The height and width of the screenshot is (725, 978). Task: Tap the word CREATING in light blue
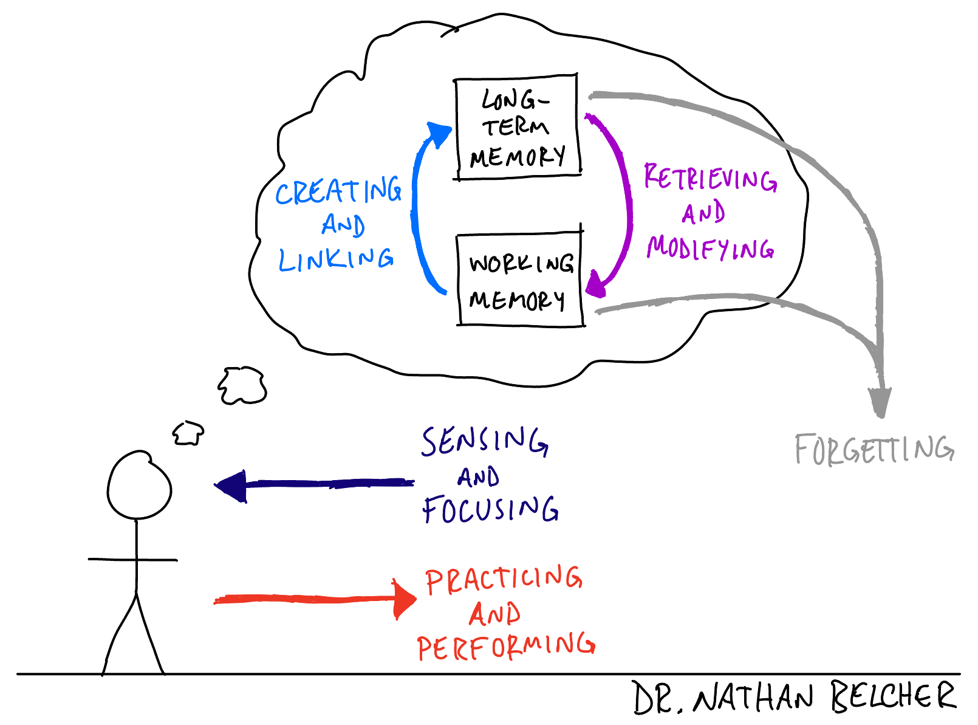(338, 190)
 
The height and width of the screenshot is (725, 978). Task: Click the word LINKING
(336, 259)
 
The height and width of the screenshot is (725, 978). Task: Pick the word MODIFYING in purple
(710, 248)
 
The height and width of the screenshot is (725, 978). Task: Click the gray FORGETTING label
(874, 448)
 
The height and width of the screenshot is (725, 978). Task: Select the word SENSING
(485, 441)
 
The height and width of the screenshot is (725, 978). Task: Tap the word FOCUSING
(490, 509)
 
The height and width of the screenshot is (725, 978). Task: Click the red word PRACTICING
(504, 579)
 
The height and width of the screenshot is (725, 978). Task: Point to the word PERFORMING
(506, 647)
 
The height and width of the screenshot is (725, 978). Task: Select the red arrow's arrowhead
(404, 599)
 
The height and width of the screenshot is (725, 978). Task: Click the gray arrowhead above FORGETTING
(880, 402)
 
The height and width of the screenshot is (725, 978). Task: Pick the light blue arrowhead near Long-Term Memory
(439, 134)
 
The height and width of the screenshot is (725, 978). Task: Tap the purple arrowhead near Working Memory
(595, 284)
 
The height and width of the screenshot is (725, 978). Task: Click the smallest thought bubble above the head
(188, 433)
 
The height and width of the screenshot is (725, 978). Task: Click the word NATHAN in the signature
(753, 697)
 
